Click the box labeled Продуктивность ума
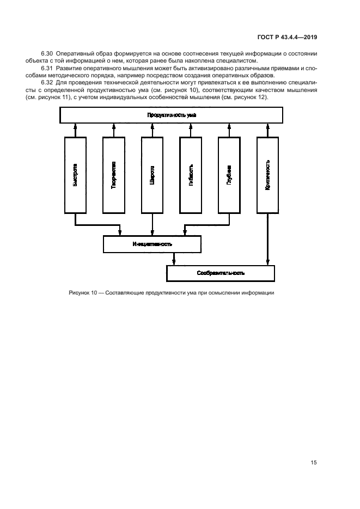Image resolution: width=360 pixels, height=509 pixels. tap(171, 115)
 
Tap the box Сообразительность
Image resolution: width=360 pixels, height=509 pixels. tap(221, 273)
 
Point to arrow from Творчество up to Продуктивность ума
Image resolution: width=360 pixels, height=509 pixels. tap(114, 130)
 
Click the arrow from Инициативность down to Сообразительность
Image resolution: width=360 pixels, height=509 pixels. tap(173, 259)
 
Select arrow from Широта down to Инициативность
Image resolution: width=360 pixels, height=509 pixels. tap(152, 224)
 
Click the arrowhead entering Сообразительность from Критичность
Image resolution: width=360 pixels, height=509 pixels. tap(267, 262)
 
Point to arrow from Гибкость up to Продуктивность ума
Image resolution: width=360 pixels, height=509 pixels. tap(191, 130)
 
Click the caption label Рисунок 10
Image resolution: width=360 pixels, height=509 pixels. tap(83, 293)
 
